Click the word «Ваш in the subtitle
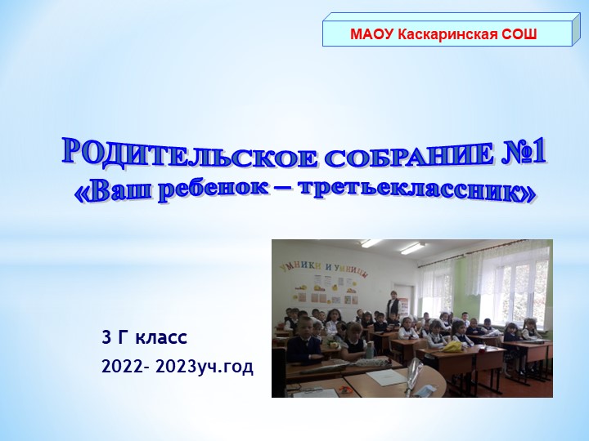coord(110,187)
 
